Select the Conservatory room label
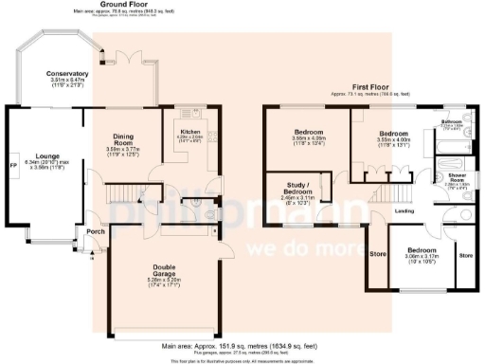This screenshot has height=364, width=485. click(x=68, y=73)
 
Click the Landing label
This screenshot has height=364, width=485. click(x=404, y=210)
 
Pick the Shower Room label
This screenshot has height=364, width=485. click(x=457, y=177)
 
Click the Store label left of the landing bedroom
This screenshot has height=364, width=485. click(x=377, y=253)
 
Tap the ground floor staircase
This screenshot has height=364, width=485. click(x=121, y=194)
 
